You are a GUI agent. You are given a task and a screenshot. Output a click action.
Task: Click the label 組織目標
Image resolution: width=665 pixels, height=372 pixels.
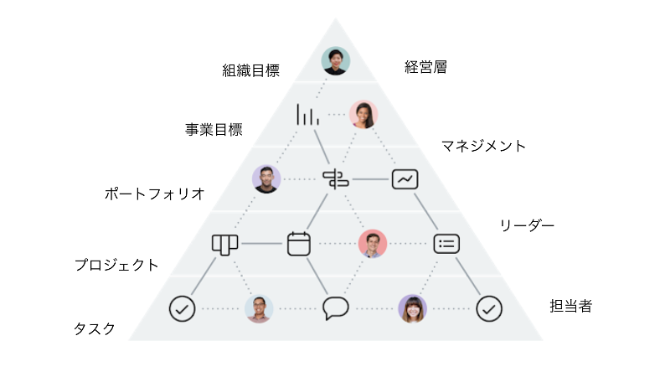pyautogui.click(x=250, y=71)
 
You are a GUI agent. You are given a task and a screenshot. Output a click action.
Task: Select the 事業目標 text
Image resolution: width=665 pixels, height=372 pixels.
pyautogui.click(x=214, y=130)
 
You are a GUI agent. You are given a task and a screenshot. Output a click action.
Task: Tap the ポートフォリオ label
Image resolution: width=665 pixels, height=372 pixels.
pyautogui.click(x=154, y=194)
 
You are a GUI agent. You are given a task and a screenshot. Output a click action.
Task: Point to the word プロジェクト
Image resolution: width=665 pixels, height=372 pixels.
pyautogui.click(x=116, y=265)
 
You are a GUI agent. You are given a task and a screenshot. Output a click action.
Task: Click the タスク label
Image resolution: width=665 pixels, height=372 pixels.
pyautogui.click(x=94, y=328)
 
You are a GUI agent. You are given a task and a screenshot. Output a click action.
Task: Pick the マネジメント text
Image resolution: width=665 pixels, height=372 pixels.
pyautogui.click(x=484, y=146)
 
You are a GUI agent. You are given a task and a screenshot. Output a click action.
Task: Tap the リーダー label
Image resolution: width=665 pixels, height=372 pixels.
pyautogui.click(x=527, y=225)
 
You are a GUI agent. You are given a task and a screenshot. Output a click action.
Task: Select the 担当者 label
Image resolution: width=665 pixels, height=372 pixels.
pyautogui.click(x=570, y=306)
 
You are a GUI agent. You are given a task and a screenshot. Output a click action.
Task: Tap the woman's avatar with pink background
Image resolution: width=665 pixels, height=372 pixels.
pyautogui.click(x=363, y=115)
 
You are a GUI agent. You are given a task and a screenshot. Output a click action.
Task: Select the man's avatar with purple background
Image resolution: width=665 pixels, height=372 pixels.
pyautogui.click(x=266, y=178)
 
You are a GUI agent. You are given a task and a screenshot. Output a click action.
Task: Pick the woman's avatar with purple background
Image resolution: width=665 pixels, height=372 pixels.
pyautogui.click(x=412, y=308)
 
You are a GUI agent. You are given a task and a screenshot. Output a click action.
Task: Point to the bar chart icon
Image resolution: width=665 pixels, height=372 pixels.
pyautogui.click(x=307, y=115)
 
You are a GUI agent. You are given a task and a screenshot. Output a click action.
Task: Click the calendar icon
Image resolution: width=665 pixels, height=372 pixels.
pyautogui.click(x=299, y=243)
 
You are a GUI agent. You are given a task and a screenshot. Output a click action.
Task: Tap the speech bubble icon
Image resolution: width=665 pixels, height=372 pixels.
pyautogui.click(x=335, y=308)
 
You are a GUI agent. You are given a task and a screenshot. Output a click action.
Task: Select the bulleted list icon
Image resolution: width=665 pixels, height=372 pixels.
pyautogui.click(x=446, y=243)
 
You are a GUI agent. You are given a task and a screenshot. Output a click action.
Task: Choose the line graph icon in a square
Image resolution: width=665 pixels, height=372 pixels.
pyautogui.click(x=405, y=178)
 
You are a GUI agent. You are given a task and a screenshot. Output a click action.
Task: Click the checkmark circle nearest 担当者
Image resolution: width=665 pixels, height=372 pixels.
pyautogui.click(x=489, y=308)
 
